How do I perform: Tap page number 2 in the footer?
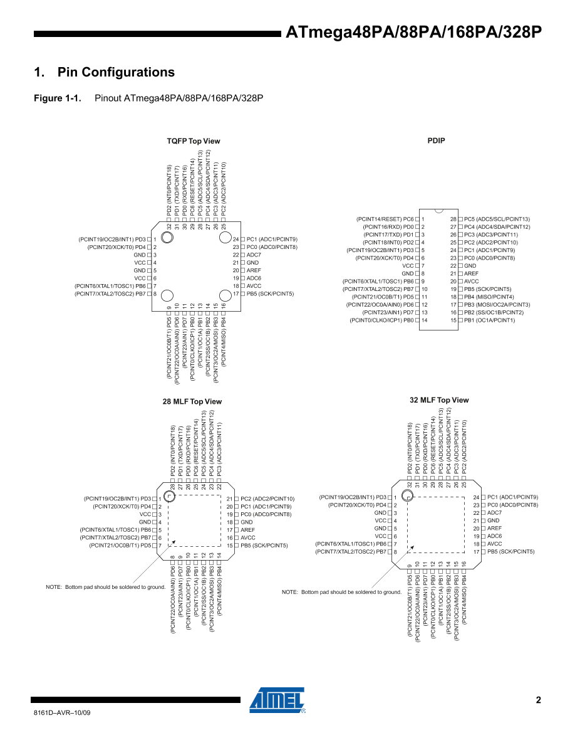pos(538,700)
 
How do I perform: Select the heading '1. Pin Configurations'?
pos(105,72)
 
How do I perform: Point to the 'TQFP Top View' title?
pos(194,141)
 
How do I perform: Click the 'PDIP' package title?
pos(436,140)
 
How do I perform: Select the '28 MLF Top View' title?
pos(192,401)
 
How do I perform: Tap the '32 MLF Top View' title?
pos(439,400)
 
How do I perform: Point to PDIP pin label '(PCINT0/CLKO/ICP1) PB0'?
pos(382,320)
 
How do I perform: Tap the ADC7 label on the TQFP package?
pos(254,255)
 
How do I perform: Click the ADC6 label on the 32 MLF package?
pos(495,536)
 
